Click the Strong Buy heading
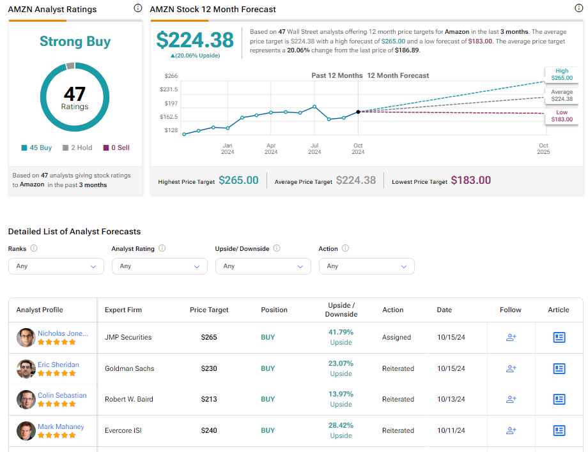pyautogui.click(x=75, y=41)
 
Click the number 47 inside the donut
pyautogui.click(x=75, y=94)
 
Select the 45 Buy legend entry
pyautogui.click(x=36, y=147)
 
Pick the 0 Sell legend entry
pyautogui.click(x=116, y=147)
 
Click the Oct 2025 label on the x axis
pyautogui.click(x=543, y=149)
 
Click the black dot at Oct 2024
pyautogui.click(x=358, y=112)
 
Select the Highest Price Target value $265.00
pyautogui.click(x=238, y=181)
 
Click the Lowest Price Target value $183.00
pyautogui.click(x=470, y=181)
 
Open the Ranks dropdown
pyautogui.click(x=56, y=266)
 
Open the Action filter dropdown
pyautogui.click(x=366, y=266)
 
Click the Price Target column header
pyautogui.click(x=209, y=310)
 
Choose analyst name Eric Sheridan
pyautogui.click(x=58, y=365)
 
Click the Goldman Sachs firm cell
pyautogui.click(x=130, y=368)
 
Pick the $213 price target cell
pyautogui.click(x=209, y=399)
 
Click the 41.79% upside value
pyautogui.click(x=341, y=332)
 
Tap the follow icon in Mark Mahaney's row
pyautogui.click(x=511, y=430)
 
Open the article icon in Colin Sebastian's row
pyautogui.click(x=559, y=399)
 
